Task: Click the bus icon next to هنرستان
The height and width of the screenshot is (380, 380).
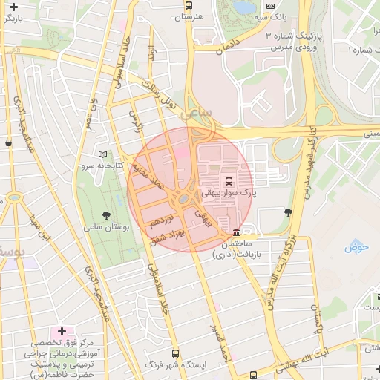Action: point(189,5)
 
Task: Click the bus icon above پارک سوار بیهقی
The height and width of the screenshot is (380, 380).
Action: point(228,180)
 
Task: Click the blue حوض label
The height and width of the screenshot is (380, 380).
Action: point(357,247)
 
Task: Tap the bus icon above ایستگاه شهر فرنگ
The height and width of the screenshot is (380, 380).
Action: point(175,353)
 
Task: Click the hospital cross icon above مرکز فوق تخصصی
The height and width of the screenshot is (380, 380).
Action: point(62,331)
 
